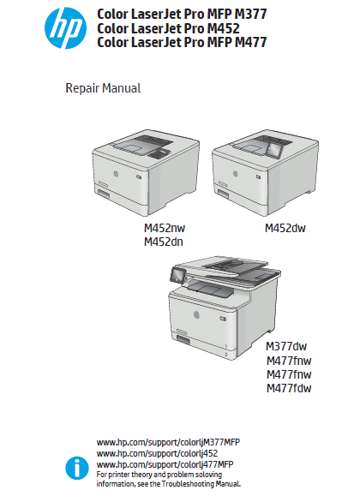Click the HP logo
[65, 28]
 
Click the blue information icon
[77, 468]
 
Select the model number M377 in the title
[251, 14]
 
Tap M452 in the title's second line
[223, 28]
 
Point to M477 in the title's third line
[251, 42]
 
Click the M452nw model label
[165, 228]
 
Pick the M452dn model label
[164, 242]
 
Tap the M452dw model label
[285, 228]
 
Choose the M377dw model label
[286, 346]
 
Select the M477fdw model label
[289, 388]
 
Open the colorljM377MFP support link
[168, 442]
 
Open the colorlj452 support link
[157, 453]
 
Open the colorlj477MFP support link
[165, 464]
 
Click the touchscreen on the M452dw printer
[274, 149]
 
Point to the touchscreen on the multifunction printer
[177, 275]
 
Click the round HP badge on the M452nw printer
[116, 174]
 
